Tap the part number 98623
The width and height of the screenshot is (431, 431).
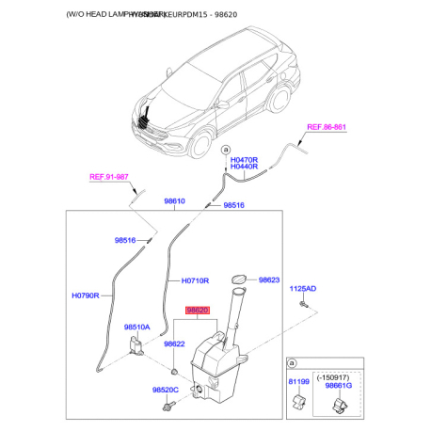tap(270, 279)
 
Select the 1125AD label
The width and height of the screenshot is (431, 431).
tap(303, 289)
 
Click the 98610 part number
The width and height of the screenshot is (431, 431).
tap(174, 201)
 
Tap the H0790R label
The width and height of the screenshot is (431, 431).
tap(87, 295)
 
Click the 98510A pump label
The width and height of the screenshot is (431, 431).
tap(136, 327)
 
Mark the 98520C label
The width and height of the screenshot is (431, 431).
tap(166, 390)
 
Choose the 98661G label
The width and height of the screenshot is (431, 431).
tap(336, 386)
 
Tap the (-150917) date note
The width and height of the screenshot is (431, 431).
tap(336, 374)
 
